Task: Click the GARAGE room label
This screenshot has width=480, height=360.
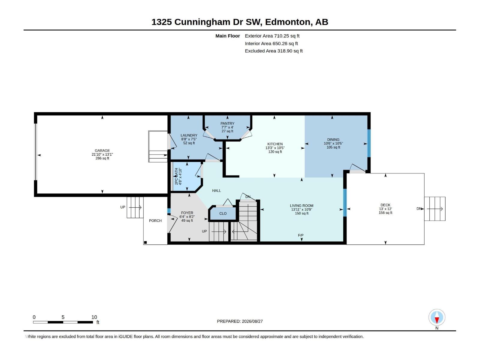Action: coord(102,150)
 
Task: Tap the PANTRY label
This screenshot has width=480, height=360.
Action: coord(227,124)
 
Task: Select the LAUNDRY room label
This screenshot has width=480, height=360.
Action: coord(189,135)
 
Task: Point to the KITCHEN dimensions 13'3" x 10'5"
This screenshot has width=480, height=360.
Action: coord(275,148)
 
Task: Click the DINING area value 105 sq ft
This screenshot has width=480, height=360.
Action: coord(333,147)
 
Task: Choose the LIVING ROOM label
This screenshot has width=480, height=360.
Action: coord(301,205)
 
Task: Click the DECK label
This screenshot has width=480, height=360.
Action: coord(385,205)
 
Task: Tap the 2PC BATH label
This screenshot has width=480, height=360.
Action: coord(176,176)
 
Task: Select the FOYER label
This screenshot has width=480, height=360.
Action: coord(187,213)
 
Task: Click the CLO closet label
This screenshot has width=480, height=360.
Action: coord(223,213)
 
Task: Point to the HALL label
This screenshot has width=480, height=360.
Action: coord(217,190)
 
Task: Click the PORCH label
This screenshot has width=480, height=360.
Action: coord(155,220)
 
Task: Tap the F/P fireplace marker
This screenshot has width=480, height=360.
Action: coord(301,235)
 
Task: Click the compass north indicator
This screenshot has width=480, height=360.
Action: coord(437,317)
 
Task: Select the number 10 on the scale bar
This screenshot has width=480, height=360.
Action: coord(94,317)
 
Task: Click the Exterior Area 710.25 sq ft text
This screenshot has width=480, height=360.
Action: coord(272,36)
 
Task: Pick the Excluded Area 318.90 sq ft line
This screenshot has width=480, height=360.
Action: coord(274,51)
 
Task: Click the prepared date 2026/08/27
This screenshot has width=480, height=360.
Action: coord(252,321)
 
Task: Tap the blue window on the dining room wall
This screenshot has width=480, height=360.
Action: coord(369,143)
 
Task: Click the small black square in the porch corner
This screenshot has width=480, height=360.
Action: coord(145,242)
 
